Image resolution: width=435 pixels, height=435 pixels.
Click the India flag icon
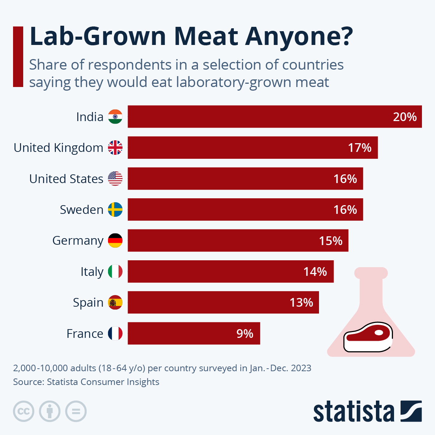tap(115, 117)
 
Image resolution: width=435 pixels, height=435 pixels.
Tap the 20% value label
tap(405, 117)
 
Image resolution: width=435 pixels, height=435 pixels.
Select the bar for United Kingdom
tap(252, 148)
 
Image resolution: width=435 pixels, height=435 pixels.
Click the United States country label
tap(66, 179)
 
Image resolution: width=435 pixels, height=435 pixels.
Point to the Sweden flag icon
tap(115, 210)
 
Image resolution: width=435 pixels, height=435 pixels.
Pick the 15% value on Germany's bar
tap(330, 241)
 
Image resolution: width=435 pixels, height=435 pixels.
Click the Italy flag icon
tap(115, 272)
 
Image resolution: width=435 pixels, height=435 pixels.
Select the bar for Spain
tap(223, 302)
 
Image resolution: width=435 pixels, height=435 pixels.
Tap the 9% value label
tap(245, 333)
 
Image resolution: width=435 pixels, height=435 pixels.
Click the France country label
tap(85, 333)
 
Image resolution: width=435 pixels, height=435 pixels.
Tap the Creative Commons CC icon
tap(24, 411)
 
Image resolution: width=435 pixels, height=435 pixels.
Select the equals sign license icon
tap(76, 411)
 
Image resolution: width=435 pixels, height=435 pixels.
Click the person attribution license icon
tap(50, 411)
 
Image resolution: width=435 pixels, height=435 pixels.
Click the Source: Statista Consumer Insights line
tap(86, 382)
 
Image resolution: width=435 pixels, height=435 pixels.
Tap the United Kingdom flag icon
tap(115, 148)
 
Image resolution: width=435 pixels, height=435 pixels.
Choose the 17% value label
tap(360, 148)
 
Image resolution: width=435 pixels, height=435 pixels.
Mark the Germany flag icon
tap(115, 241)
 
